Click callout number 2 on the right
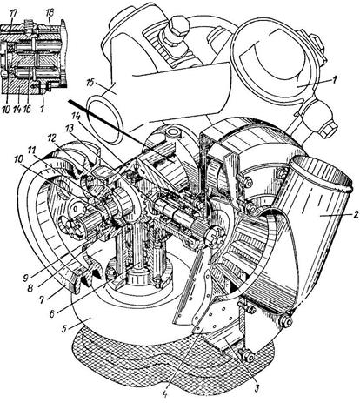356,215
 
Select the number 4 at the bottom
164,395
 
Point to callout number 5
65,330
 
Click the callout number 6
52,314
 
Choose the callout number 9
26,272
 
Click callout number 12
51,138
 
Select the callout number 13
70,128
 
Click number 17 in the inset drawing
13,13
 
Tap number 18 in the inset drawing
50,13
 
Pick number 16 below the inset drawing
28,110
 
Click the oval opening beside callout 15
105,120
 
